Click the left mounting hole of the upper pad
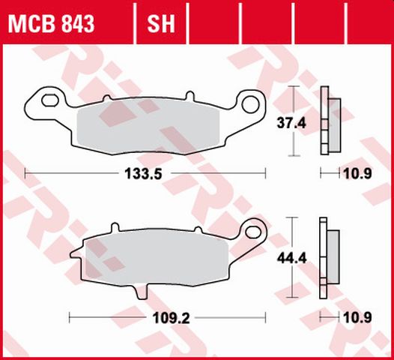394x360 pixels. pos(49,100)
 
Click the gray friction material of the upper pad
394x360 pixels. pos(150,124)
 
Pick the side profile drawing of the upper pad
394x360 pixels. pos(327,121)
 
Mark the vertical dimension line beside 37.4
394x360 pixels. pos(292,121)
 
